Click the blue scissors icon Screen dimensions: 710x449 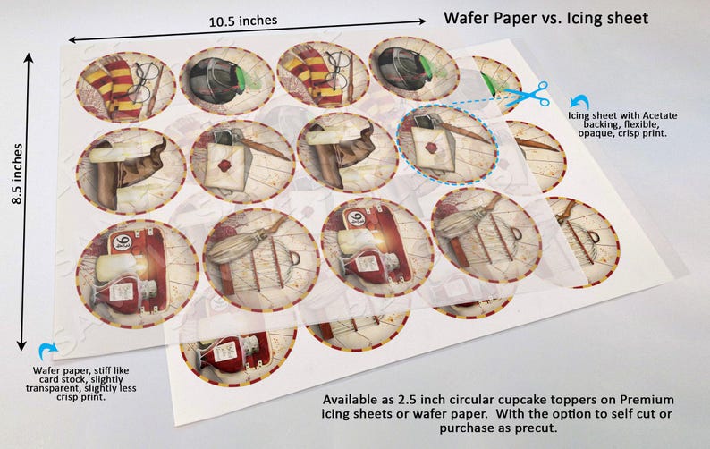528,95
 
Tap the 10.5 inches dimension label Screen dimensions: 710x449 243,21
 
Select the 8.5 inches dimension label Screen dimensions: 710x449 17,174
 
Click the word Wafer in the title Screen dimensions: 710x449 467,18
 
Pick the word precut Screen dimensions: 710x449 537,428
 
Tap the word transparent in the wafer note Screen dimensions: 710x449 49,388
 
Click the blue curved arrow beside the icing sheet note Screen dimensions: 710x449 579,102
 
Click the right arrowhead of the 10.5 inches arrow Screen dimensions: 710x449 422,21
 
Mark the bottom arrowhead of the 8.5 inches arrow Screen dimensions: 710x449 21,346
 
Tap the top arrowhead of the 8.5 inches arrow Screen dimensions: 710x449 29,58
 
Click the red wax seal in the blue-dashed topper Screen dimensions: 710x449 432,148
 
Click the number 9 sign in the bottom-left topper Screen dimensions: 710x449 121,242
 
